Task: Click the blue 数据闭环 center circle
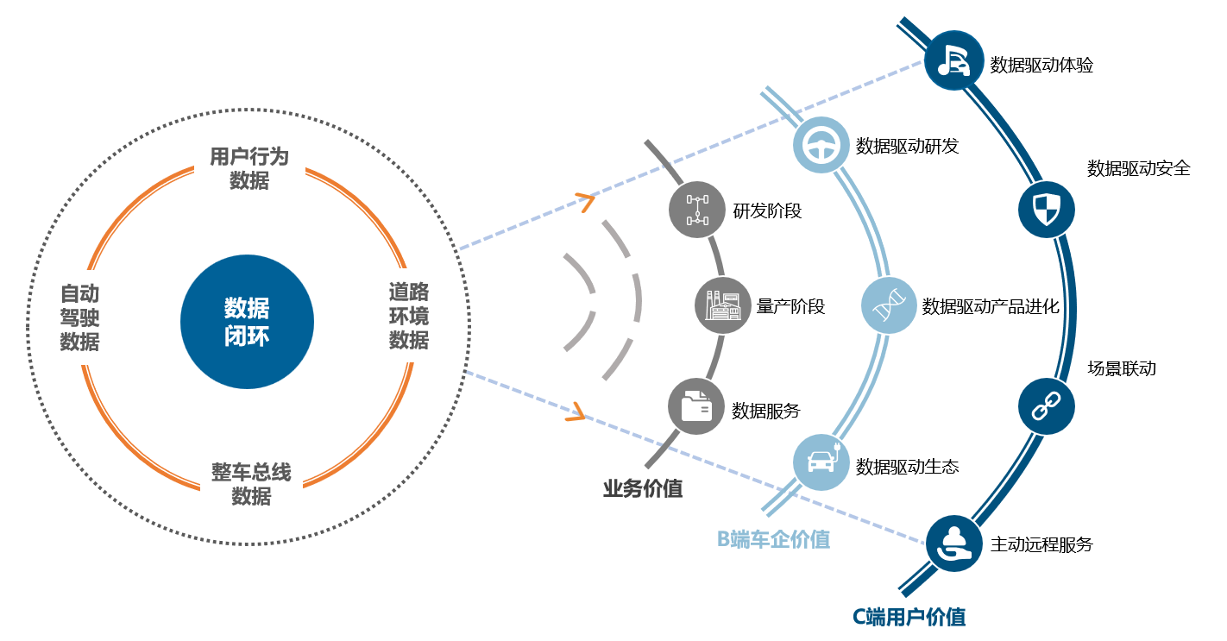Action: pyautogui.click(x=247, y=322)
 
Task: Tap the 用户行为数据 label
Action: pyautogui.click(x=249, y=168)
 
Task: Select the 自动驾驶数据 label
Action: pyautogui.click(x=80, y=317)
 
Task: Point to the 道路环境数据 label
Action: pyautogui.click(x=409, y=316)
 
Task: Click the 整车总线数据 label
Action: pyautogui.click(x=251, y=484)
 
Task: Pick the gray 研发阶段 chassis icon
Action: pyautogui.click(x=697, y=210)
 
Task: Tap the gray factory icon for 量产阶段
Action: pyautogui.click(x=723, y=305)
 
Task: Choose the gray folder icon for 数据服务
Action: pyautogui.click(x=696, y=406)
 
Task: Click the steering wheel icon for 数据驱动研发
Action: pyautogui.click(x=821, y=145)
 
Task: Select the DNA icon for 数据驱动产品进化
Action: pyautogui.click(x=889, y=305)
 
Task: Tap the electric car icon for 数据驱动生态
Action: pyautogui.click(x=821, y=462)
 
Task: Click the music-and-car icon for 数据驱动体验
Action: pyautogui.click(x=953, y=60)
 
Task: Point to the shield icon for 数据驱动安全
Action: pyautogui.click(x=1047, y=210)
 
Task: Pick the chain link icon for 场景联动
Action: pyautogui.click(x=1047, y=406)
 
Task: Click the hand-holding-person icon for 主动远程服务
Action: pyautogui.click(x=953, y=544)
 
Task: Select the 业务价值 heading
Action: pyautogui.click(x=643, y=488)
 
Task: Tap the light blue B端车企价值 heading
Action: pyautogui.click(x=773, y=540)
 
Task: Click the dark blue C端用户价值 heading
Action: pyautogui.click(x=909, y=617)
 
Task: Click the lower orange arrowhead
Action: pyautogui.click(x=576, y=412)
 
